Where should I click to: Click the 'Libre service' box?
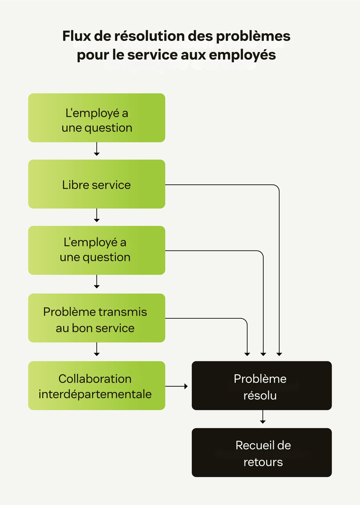(x=96, y=184)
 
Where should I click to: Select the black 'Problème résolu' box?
(x=261, y=386)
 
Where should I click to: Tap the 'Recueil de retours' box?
(x=261, y=452)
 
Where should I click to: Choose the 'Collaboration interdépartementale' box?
(x=96, y=386)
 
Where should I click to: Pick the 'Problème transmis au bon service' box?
(x=96, y=318)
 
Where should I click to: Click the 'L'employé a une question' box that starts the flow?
(x=96, y=118)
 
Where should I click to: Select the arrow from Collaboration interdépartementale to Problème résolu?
(x=177, y=386)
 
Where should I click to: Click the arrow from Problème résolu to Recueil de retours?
(x=263, y=418)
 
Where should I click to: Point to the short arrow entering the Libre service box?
(x=97, y=149)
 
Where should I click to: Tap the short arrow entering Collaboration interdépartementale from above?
(x=97, y=350)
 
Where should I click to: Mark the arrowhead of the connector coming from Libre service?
(x=279, y=354)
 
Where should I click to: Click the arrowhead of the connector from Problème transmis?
(x=247, y=354)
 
